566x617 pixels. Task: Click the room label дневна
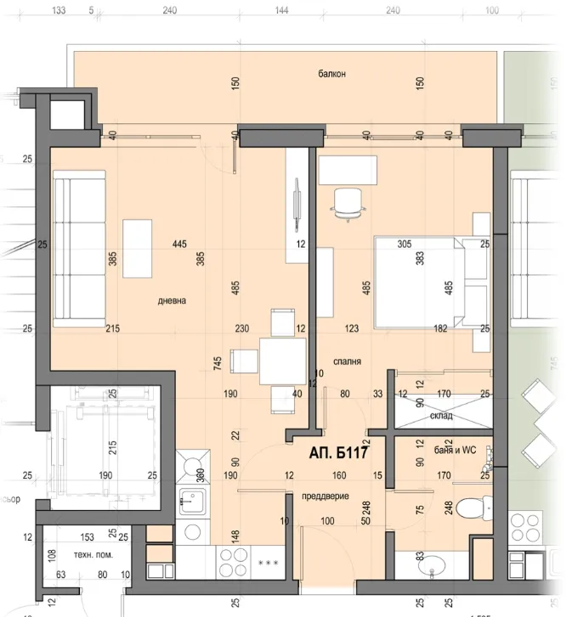[x=171, y=300]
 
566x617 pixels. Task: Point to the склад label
[x=441, y=416]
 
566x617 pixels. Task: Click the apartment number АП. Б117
[x=339, y=453]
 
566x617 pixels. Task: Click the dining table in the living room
[x=282, y=361]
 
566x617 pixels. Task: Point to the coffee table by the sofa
[x=137, y=248]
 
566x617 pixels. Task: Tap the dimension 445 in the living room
[x=178, y=244]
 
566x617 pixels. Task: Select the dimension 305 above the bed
[x=405, y=244]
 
